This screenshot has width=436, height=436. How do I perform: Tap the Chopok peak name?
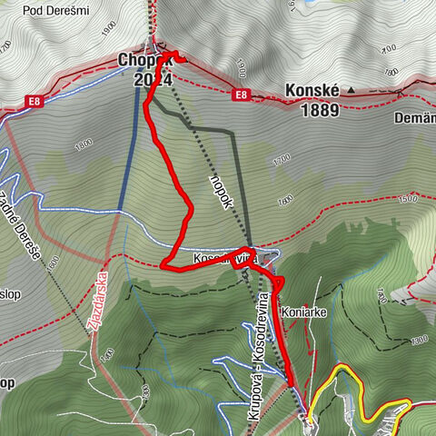[138, 60]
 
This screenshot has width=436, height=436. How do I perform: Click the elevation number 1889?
[312, 111]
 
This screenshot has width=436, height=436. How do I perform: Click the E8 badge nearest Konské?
[241, 94]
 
